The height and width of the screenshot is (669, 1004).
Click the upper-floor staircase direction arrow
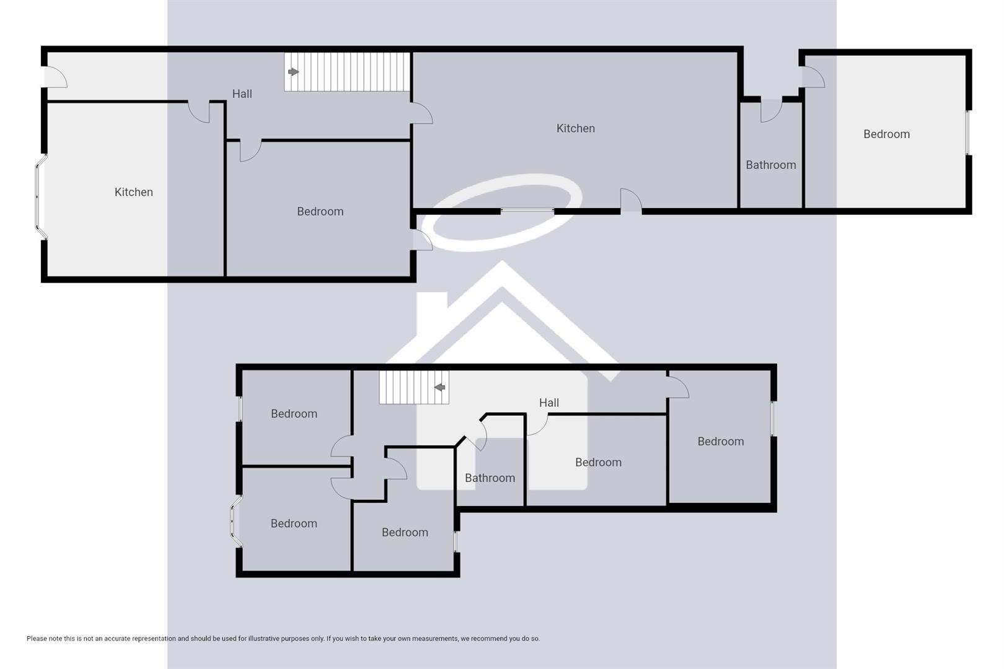[x=293, y=72]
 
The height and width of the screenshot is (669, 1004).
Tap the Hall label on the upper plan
[x=242, y=94]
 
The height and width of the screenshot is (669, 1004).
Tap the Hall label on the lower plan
[x=548, y=403]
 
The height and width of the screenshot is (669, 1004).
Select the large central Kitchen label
[x=575, y=128]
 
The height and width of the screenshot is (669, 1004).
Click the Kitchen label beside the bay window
[x=133, y=192]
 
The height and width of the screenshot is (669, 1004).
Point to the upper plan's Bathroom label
[x=770, y=165]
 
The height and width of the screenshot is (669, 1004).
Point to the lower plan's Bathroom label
[x=490, y=478]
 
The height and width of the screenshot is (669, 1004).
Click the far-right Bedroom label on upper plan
[x=886, y=134]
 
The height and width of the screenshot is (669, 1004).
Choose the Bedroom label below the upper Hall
[x=320, y=211]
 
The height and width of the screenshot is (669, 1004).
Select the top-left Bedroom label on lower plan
[x=294, y=414]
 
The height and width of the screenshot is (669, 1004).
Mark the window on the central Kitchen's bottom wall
[x=527, y=211]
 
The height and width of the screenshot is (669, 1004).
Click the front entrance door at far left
[x=55, y=77]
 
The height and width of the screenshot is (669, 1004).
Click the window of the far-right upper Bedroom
[x=967, y=133]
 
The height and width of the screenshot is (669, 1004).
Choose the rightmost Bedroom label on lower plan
[x=720, y=442]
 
